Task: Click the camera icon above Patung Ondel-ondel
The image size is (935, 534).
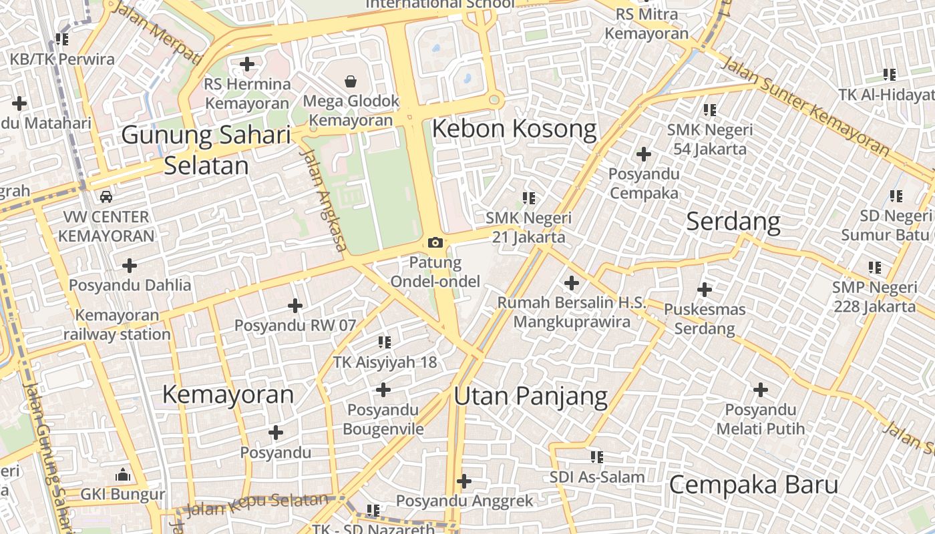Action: click(435, 242)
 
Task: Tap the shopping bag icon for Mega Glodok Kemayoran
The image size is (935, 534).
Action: click(350, 81)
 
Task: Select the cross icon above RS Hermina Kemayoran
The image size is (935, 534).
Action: click(247, 64)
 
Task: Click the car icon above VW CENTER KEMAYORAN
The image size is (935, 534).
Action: click(106, 196)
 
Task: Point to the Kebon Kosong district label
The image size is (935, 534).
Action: click(514, 129)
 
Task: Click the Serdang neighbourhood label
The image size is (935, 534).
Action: click(733, 221)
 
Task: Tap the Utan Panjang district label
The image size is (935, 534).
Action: click(530, 396)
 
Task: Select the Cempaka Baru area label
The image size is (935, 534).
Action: click(753, 485)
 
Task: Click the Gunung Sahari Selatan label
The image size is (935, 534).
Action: click(206, 150)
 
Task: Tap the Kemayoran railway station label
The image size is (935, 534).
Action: click(117, 324)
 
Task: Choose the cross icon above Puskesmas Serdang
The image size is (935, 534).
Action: click(704, 290)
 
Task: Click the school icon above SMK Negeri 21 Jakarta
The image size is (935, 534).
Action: click(529, 198)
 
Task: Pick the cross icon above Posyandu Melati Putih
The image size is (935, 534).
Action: click(760, 390)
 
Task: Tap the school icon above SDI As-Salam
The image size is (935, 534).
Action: click(596, 457)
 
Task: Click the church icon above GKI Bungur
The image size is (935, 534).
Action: click(122, 475)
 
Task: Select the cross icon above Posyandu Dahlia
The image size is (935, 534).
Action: click(130, 266)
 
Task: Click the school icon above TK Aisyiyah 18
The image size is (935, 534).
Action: click(385, 342)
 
